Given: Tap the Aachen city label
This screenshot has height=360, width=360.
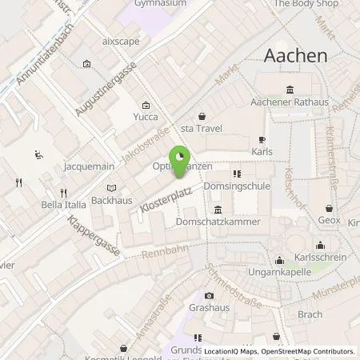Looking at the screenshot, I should tap(295, 55).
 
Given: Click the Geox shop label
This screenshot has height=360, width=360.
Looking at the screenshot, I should tap(328, 219).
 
